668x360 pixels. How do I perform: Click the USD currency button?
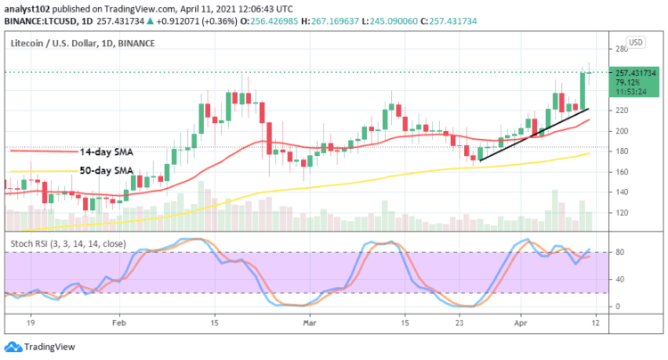(x=636, y=42)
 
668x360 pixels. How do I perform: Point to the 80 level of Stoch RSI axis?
(x=639, y=253)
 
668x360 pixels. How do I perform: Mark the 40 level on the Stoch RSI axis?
(x=639, y=280)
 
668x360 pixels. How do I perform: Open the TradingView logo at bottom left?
(x=36, y=346)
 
